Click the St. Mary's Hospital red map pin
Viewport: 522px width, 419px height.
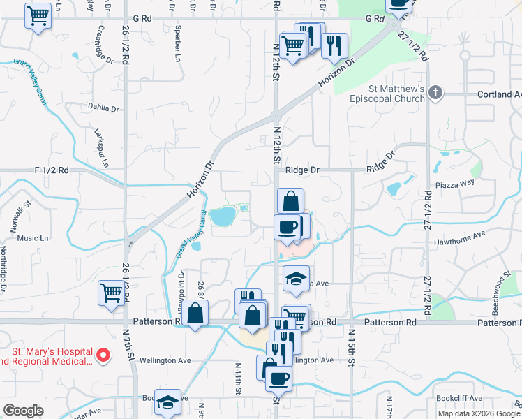point(103,355)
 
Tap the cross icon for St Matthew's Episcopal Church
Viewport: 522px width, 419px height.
point(435,93)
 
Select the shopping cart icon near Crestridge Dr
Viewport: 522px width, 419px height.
point(38,15)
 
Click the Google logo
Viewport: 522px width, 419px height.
point(24,411)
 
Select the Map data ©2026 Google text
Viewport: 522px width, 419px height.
point(478,413)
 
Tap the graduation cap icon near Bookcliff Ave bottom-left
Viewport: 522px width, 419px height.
point(167,402)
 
